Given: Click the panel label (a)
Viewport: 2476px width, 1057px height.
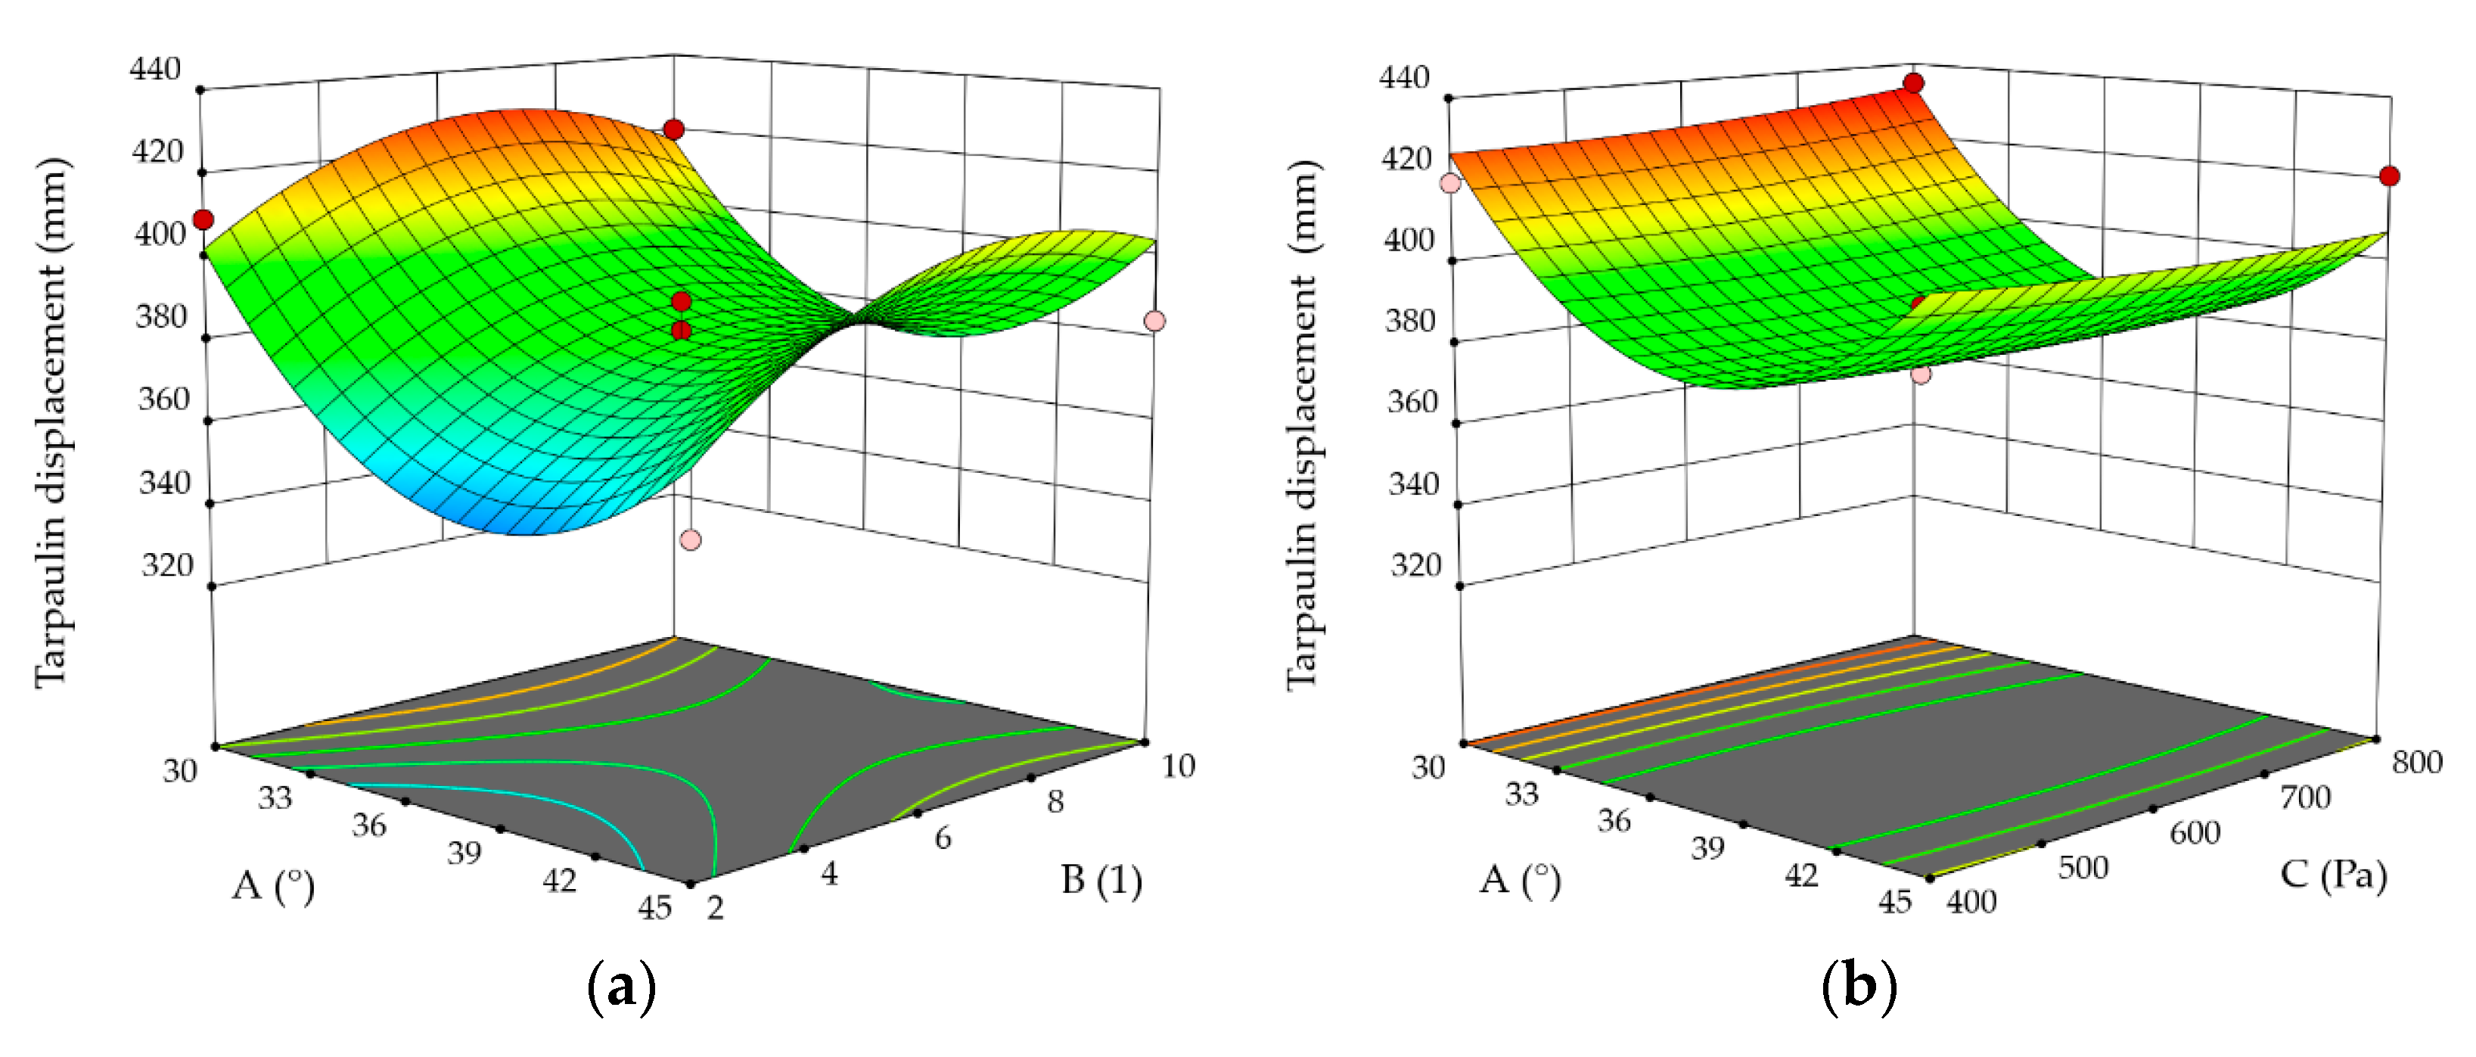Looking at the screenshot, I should point(621,987).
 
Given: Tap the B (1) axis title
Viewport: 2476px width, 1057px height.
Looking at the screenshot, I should point(1101,879).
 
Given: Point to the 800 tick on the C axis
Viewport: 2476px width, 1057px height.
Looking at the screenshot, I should point(2416,762).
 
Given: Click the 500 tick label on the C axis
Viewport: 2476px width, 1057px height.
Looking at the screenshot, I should point(2083,867).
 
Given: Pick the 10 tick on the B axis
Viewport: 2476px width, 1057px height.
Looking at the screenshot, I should point(1177,766).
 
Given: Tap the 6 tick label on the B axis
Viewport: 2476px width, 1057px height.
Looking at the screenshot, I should point(943,838).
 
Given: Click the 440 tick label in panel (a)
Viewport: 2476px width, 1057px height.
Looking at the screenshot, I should point(156,69).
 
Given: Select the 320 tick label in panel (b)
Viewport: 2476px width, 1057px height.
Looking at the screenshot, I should point(1416,565).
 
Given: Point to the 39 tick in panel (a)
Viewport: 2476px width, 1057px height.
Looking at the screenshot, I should point(464,851).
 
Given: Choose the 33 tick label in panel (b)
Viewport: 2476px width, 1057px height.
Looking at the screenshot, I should point(1521,794).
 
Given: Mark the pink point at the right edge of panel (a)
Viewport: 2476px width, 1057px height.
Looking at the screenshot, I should point(1154,321).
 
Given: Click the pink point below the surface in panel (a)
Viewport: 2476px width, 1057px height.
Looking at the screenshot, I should point(690,540).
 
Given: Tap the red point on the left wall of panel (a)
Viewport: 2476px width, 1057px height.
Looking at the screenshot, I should point(203,220).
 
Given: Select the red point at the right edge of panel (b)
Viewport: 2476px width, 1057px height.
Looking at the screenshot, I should point(2390,176).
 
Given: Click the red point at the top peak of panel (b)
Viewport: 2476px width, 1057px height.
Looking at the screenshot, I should point(1914,83).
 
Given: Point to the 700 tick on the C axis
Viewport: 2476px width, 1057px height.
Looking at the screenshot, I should point(2306,797).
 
